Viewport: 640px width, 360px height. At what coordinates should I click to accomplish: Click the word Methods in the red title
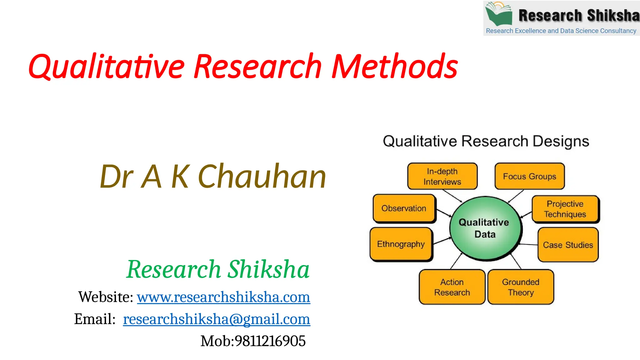coord(394,66)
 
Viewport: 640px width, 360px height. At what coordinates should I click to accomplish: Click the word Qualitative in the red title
coord(106,66)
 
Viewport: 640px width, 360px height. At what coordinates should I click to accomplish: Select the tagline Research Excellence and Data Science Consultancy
coord(561,31)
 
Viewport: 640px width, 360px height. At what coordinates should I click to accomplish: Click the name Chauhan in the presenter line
coord(262,177)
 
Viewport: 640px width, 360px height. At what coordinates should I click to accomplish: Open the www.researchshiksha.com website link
coord(223,297)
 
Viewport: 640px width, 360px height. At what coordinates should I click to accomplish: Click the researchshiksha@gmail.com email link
coord(216,319)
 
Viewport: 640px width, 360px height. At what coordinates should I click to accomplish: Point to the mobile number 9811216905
coord(270,341)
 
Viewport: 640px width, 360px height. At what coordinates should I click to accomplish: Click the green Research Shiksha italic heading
coord(218,269)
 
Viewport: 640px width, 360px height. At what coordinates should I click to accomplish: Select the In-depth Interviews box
coord(442,176)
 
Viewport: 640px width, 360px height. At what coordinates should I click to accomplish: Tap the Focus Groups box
coord(529,176)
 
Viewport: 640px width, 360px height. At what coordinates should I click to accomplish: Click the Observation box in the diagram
coord(404,208)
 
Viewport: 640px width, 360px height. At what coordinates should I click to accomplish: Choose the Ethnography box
coord(401,244)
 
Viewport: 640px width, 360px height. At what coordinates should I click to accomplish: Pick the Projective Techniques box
coord(565,209)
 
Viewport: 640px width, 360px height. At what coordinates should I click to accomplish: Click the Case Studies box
coord(567,245)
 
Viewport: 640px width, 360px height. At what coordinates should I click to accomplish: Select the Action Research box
coord(452,287)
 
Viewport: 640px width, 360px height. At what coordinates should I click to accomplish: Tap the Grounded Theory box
coord(521,287)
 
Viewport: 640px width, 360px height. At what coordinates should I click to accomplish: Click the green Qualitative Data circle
coord(485,228)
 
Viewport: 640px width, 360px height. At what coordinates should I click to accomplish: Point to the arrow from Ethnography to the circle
coord(442,241)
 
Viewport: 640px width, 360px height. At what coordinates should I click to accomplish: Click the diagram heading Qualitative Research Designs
coord(486,141)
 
